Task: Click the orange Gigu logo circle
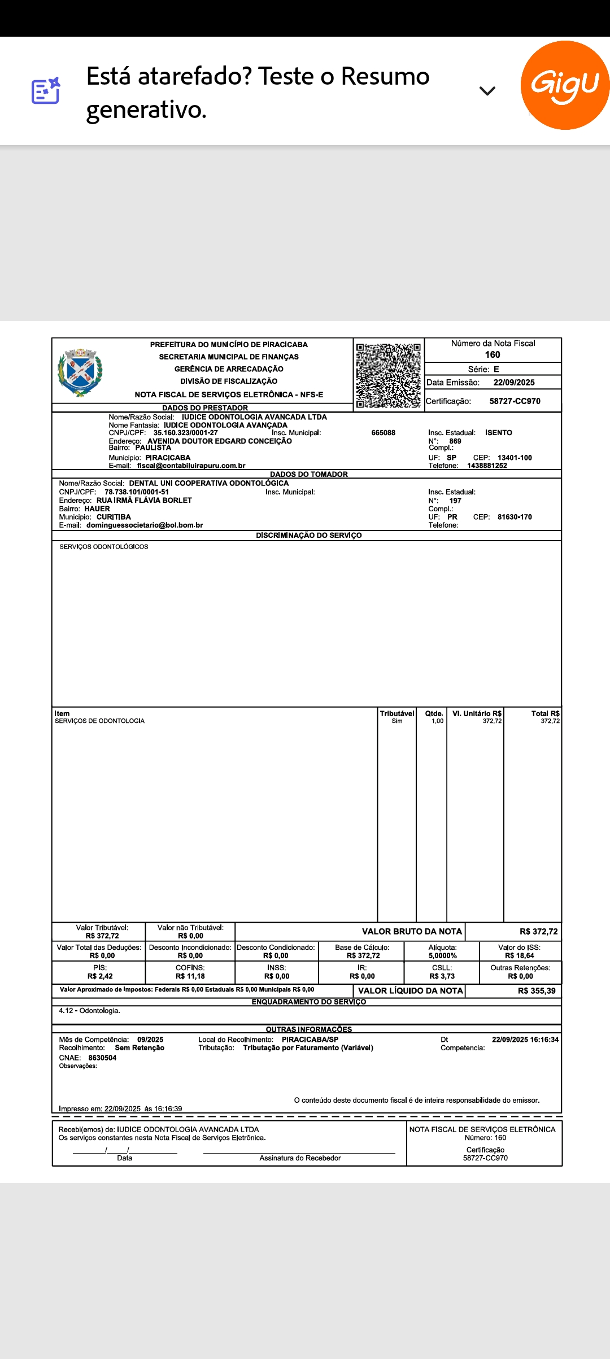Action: coord(565,85)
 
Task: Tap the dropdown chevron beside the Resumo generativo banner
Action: coord(487,90)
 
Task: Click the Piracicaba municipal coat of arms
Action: coord(80,372)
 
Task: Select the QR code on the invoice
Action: coord(389,375)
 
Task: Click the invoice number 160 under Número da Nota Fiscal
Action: coord(493,354)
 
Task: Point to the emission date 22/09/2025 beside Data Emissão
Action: coord(514,383)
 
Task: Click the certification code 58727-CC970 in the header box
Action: coord(515,401)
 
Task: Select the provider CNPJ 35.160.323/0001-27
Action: coord(185,433)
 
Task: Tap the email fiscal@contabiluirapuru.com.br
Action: coord(191,466)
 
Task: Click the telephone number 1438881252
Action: coord(487,466)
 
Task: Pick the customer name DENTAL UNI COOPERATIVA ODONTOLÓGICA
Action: coord(208,483)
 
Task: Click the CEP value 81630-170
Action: coord(515,517)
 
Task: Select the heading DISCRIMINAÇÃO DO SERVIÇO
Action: coord(308,535)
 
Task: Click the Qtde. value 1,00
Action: coord(437,721)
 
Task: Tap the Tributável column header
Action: coord(396,713)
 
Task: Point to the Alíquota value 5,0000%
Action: coord(442,955)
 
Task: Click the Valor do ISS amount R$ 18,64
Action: coord(519,955)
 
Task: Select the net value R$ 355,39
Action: coord(536,990)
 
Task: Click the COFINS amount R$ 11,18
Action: coord(190,976)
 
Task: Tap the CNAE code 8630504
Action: coord(102,1058)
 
